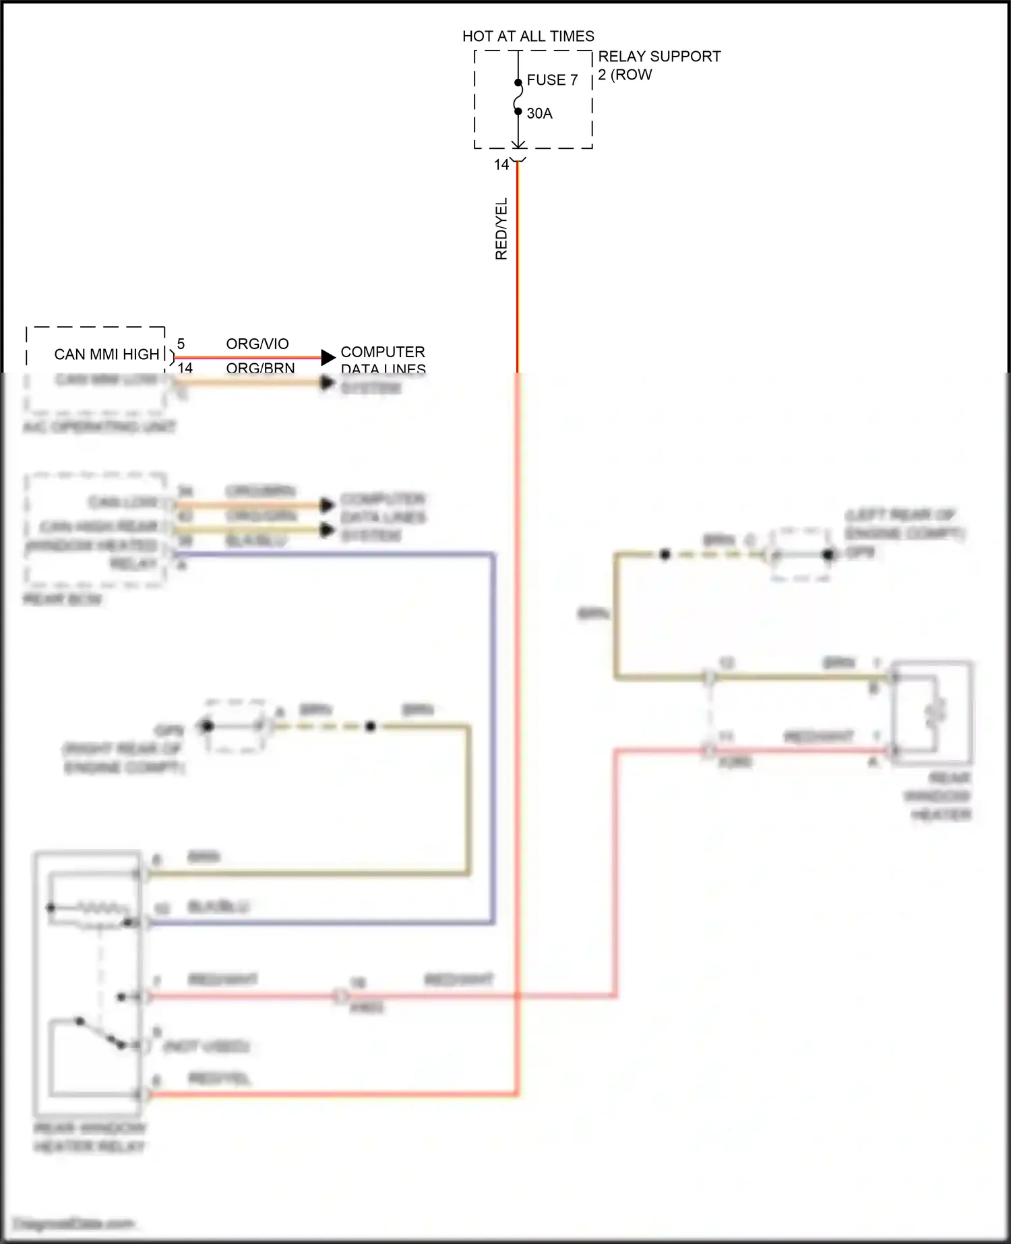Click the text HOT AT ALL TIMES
pos(528,36)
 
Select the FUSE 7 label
pos(552,80)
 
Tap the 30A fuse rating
pos(539,113)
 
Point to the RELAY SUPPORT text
pos(659,57)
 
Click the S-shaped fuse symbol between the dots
pos(518,97)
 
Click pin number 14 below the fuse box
pos(501,164)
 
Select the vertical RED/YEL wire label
pos(501,229)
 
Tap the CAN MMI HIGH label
pos(106,354)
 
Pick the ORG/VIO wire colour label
pos(257,344)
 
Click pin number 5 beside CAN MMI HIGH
pos(181,344)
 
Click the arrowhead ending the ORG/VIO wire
pos(328,357)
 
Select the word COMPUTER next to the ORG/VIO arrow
pos(383,352)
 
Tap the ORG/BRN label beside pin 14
pos(260,368)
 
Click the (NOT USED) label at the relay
pos(206,1047)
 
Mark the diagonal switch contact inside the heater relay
pos(101,1033)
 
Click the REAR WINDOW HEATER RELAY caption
pos(90,1138)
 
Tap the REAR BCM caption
pos(62,599)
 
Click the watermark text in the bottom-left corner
pos(74,1224)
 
